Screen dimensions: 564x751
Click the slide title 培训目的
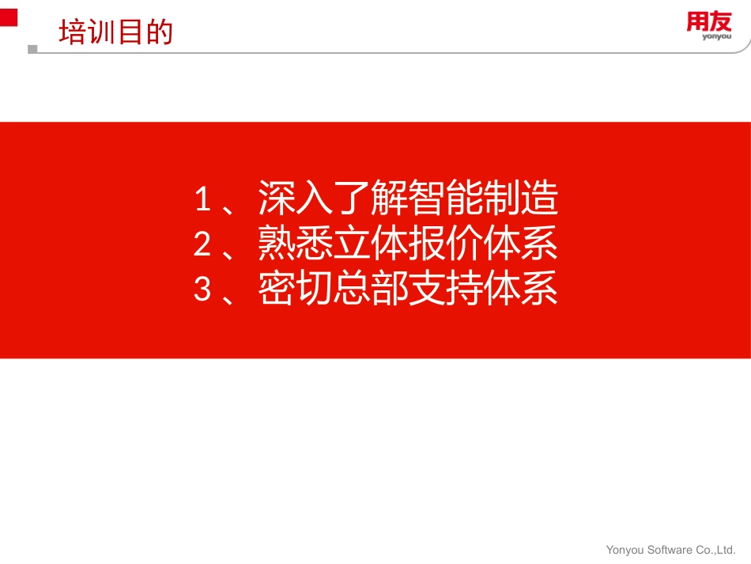pos(115,33)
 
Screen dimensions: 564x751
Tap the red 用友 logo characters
pos(708,23)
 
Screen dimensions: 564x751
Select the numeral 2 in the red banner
pos(202,244)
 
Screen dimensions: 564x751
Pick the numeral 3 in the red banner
pos(202,290)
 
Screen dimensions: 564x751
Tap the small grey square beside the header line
pos(32,49)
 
